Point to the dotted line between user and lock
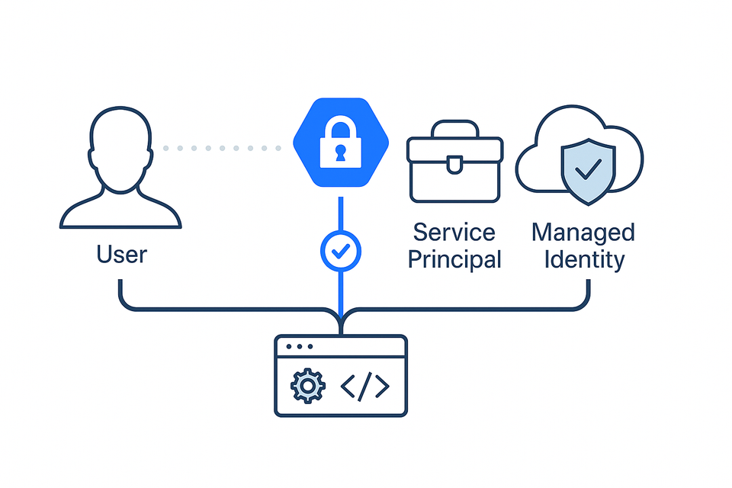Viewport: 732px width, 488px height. pyautogui.click(x=221, y=147)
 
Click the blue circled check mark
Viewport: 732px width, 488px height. pyautogui.click(x=341, y=250)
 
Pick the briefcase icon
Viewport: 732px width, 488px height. pyautogui.click(x=455, y=164)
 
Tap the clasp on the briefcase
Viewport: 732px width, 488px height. pyautogui.click(x=455, y=164)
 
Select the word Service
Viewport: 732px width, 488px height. pyautogui.click(x=454, y=232)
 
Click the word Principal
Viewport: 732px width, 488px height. pyautogui.click(x=454, y=259)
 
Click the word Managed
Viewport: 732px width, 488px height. pyautogui.click(x=583, y=232)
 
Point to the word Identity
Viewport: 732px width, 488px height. pyautogui.click(x=583, y=259)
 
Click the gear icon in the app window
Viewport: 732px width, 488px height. pyautogui.click(x=308, y=387)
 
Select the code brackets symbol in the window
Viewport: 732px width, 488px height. pyautogui.click(x=365, y=387)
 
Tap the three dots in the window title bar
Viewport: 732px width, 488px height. pyautogui.click(x=300, y=347)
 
